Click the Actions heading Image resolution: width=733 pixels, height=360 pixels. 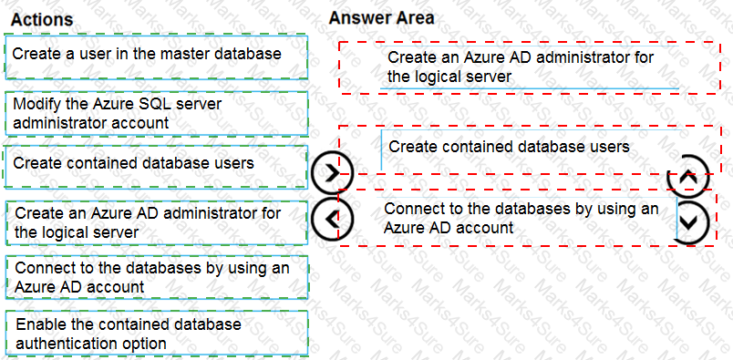coord(42,19)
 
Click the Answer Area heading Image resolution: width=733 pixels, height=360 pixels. coord(381,17)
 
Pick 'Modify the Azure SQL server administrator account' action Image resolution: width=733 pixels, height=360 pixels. coord(155,113)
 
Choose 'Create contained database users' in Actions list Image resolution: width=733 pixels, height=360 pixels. coord(155,163)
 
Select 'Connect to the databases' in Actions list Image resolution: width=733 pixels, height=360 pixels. coord(155,277)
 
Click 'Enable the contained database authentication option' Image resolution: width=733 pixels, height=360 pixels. coord(155,334)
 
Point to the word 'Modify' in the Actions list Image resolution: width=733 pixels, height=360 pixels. coord(36,104)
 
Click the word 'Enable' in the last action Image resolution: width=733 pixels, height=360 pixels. coord(38,324)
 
